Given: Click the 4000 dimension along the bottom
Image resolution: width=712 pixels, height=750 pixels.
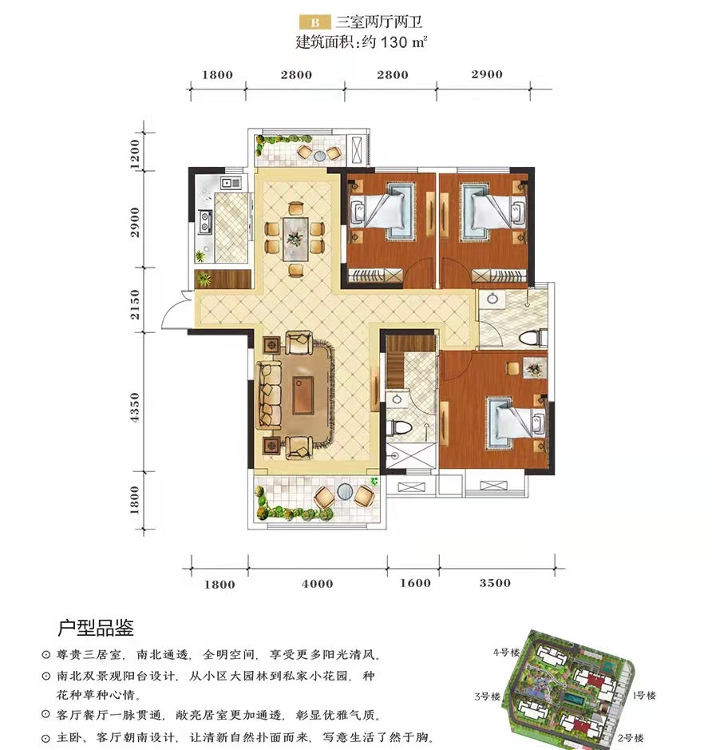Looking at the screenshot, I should (318, 583).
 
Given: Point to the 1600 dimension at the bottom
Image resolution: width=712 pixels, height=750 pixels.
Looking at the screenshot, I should (415, 583).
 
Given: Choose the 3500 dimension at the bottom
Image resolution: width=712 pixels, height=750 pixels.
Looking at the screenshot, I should (495, 583).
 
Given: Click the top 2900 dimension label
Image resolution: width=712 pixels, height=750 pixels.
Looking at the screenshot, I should (487, 74).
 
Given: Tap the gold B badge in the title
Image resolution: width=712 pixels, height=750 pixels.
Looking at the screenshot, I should (314, 22).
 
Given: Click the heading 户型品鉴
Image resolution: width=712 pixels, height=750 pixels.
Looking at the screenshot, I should (96, 625).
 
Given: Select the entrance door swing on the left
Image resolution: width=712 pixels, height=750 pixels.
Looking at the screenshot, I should (174, 318).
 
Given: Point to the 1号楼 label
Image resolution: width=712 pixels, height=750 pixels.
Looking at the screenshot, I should (644, 696).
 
